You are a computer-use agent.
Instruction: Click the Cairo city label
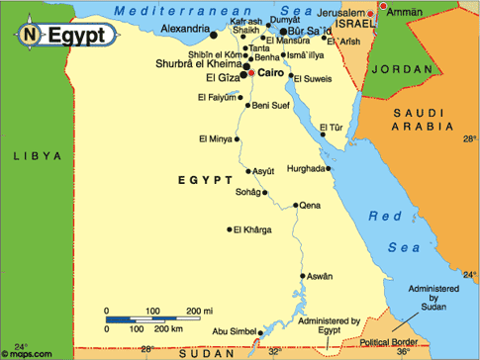pyautogui.click(x=272, y=72)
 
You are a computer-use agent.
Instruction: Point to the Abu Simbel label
pyautogui.click(x=232, y=331)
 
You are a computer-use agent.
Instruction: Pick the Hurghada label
pyautogui.click(x=305, y=168)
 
